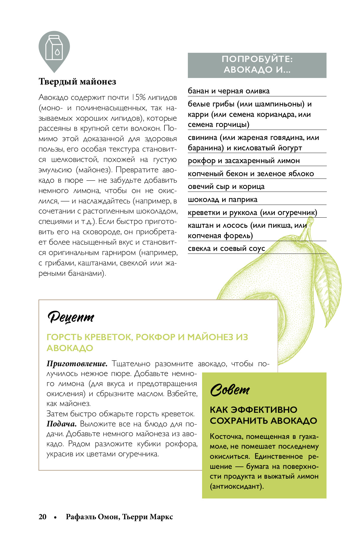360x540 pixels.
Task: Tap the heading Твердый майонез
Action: click(x=77, y=82)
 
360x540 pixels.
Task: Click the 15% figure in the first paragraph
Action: click(x=138, y=98)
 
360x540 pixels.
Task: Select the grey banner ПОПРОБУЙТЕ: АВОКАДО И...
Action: click(x=257, y=65)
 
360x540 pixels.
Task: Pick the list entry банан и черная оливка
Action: click(x=228, y=91)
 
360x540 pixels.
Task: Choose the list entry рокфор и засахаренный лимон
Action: click(x=244, y=161)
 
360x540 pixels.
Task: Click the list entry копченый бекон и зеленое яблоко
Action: click(x=251, y=174)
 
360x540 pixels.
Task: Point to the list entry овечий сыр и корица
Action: click(x=226, y=187)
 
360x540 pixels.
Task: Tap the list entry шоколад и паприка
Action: click(x=223, y=200)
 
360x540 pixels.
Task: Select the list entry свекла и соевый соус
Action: click(x=226, y=249)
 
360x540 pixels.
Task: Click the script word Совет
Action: click(x=230, y=390)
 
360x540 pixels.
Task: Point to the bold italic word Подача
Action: click(x=62, y=424)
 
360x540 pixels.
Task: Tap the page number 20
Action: click(x=42, y=517)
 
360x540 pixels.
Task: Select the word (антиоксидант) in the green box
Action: click(x=236, y=486)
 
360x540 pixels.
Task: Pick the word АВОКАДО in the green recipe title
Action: click(x=70, y=348)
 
